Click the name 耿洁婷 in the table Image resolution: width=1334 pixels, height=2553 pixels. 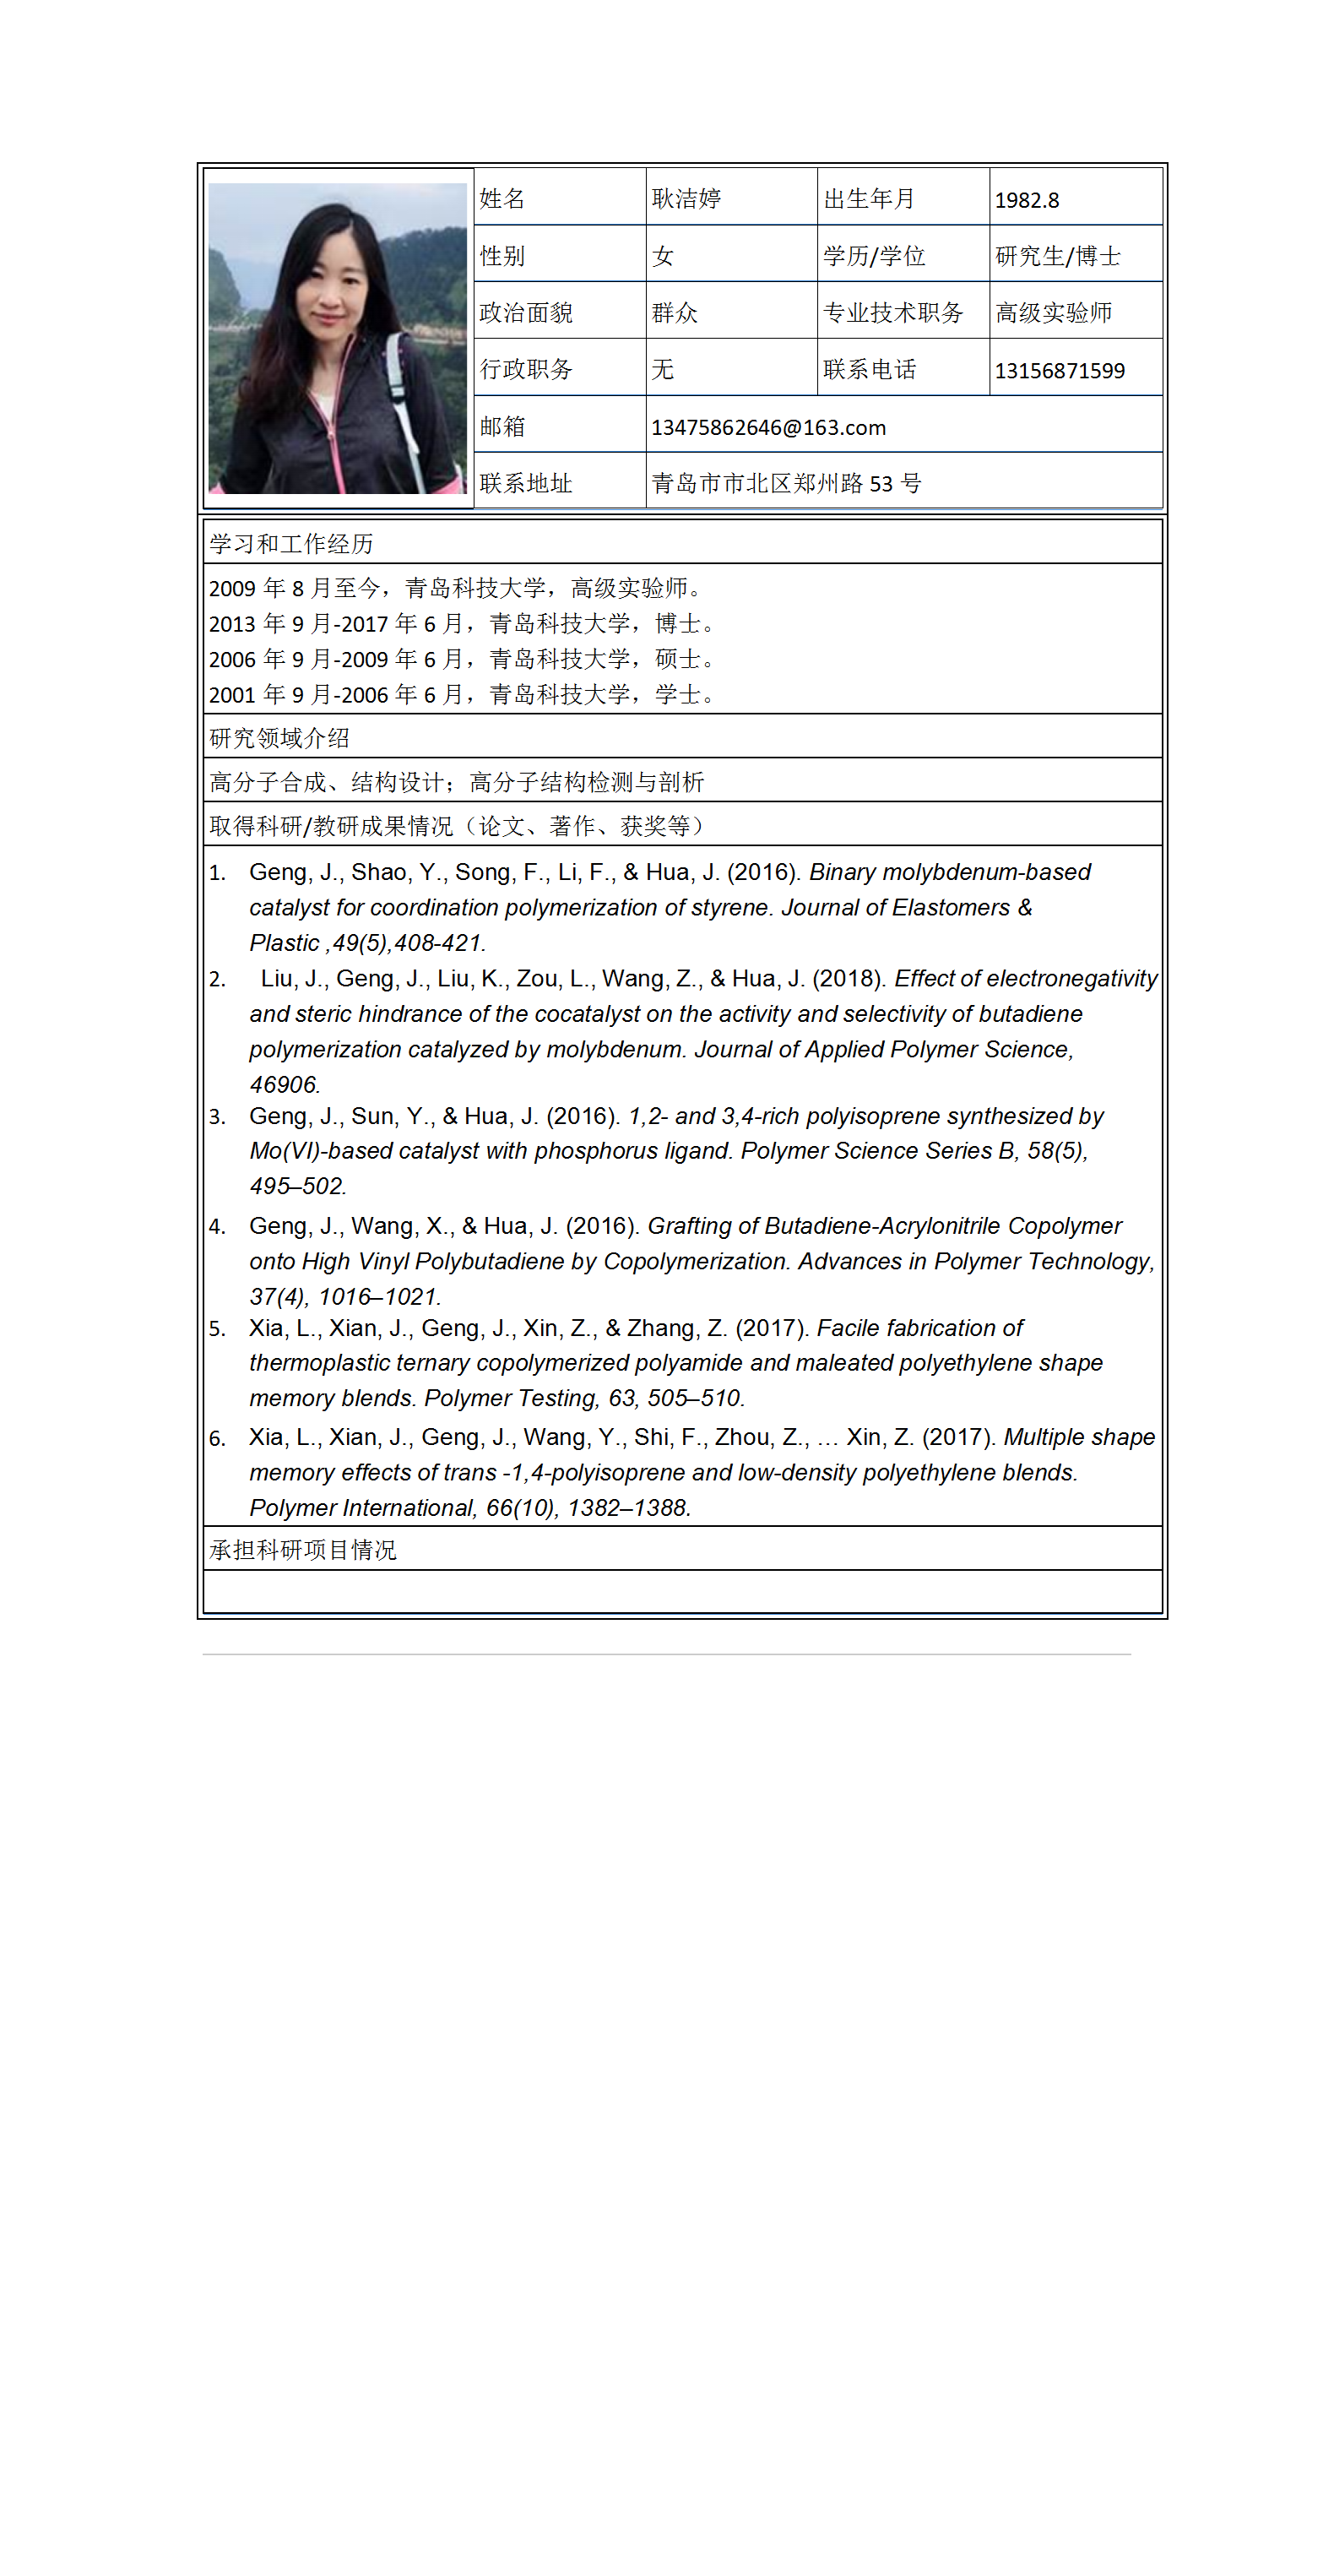click(x=686, y=198)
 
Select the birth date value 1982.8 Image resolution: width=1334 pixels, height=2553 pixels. click(x=1027, y=200)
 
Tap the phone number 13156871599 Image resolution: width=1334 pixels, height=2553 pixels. click(x=1060, y=371)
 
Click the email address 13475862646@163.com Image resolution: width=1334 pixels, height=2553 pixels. click(x=768, y=427)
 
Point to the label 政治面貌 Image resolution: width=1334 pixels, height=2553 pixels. click(x=526, y=313)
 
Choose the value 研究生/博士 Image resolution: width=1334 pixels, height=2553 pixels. click(x=1057, y=257)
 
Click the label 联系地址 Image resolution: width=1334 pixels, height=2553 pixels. click(x=526, y=484)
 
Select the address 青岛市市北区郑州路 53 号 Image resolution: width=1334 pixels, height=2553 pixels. click(x=786, y=484)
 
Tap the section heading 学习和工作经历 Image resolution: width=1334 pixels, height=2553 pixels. click(x=291, y=543)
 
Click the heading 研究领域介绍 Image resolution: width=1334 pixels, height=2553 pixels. click(x=279, y=737)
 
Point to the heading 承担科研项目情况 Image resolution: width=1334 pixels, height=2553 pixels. click(x=302, y=1549)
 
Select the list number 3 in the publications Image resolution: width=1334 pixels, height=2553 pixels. click(x=217, y=1117)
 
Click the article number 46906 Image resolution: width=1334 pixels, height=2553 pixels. click(x=284, y=1084)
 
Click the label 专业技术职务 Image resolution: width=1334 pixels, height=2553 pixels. click(x=893, y=313)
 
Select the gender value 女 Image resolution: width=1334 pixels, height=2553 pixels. click(x=663, y=257)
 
